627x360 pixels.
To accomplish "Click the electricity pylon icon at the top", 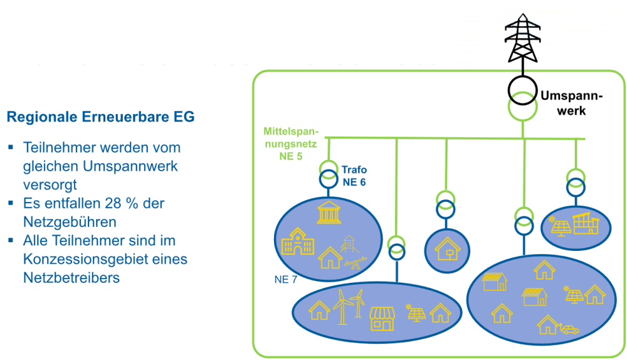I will click(x=522, y=36).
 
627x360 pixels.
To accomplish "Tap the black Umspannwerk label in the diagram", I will click(x=572, y=103).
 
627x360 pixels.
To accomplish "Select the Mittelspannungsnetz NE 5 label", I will click(x=290, y=144).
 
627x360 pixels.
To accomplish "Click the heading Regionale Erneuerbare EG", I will click(x=100, y=117).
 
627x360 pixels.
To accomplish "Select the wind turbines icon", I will click(x=349, y=307).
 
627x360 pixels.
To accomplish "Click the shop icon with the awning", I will click(x=382, y=318).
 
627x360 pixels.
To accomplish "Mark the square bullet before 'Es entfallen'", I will click(x=11, y=204).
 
